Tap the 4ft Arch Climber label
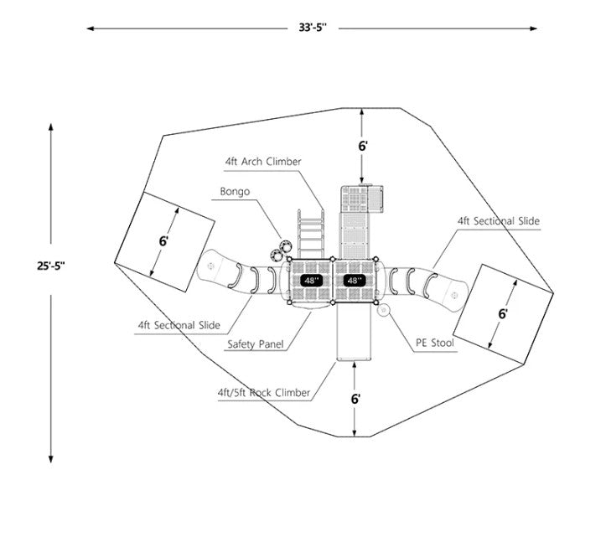coord(262,161)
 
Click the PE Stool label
coord(436,343)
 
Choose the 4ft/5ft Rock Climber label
coord(263,392)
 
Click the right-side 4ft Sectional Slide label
coord(498,221)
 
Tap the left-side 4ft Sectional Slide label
coord(179,325)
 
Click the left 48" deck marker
coord(312,281)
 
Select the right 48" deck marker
coord(355,281)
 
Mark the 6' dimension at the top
coord(363,146)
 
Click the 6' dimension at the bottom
coord(356,400)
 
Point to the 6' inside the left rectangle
coord(163,241)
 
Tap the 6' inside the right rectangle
coord(503,313)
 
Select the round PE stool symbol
coord(385,311)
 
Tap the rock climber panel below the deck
coord(354,333)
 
